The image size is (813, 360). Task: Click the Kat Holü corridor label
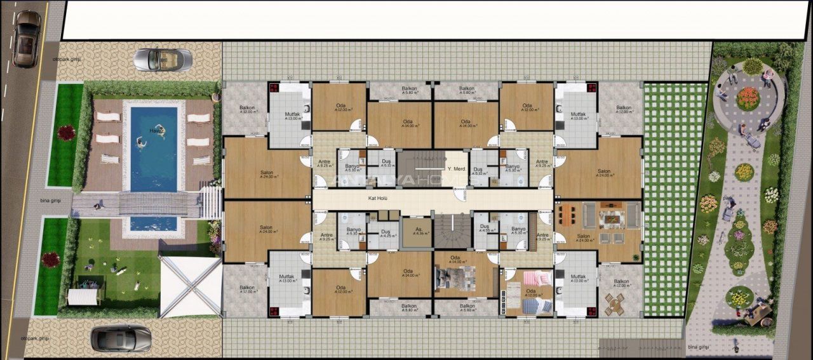point(377,197)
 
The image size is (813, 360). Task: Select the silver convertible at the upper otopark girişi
point(163,60)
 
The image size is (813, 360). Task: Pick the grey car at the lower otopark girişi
point(121,338)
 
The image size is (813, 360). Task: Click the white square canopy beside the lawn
point(190,286)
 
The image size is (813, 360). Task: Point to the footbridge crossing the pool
point(159,203)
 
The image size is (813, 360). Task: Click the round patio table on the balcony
point(614,305)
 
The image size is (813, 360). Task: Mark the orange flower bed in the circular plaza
point(748,98)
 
